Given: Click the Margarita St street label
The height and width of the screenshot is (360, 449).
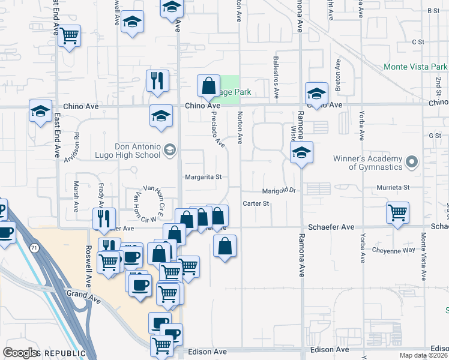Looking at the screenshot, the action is (203, 177).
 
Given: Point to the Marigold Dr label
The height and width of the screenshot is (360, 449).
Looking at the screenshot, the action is (280, 191).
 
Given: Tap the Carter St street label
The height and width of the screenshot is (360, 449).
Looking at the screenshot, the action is (256, 204).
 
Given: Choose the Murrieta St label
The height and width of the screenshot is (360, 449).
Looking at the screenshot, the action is (393, 188).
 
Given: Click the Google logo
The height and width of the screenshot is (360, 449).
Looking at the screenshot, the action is (20, 353).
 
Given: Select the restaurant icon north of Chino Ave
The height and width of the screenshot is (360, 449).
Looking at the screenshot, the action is (157, 80).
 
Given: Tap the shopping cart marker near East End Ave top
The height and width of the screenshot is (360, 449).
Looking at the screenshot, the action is (70, 36).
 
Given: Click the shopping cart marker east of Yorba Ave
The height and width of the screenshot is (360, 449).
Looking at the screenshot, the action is (397, 213).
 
